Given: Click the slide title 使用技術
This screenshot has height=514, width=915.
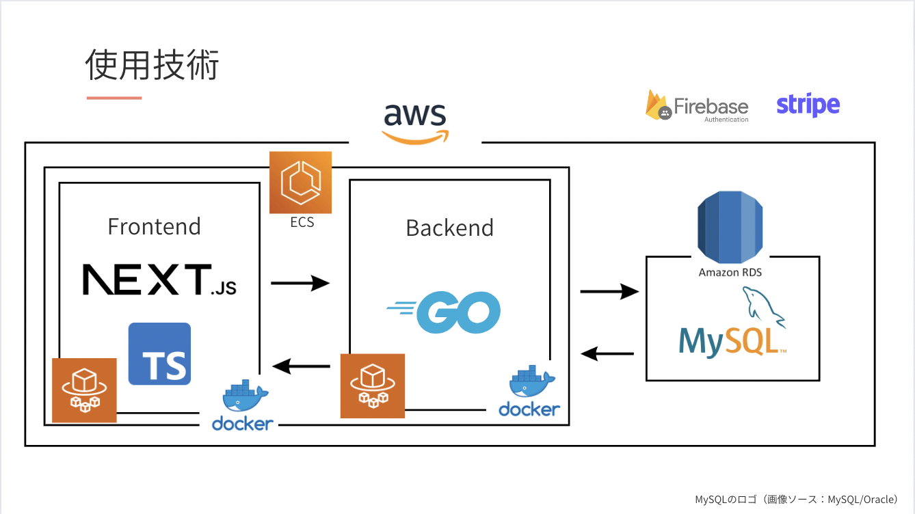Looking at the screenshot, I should coord(152,66).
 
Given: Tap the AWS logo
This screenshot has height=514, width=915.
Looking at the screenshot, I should coord(415,123).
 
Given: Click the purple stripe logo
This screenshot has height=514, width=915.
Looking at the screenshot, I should coord(808,105).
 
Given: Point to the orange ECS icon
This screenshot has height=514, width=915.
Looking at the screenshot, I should coord(300,182).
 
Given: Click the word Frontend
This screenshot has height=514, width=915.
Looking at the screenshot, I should coord(155,226).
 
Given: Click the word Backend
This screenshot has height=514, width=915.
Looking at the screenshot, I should coord(449,228).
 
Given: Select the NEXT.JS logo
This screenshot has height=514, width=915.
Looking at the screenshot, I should coord(159,280).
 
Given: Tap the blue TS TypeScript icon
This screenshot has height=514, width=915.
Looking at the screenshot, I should coord(159,353).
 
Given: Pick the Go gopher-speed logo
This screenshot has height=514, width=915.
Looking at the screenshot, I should coord(444,312).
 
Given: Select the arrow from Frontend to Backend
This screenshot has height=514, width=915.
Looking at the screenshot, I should coord(300,282).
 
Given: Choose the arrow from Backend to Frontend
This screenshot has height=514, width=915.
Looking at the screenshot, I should coord(300,366).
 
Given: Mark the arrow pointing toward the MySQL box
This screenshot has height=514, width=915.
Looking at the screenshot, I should coord(609,292).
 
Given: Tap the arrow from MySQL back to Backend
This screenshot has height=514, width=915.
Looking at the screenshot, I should coord(607,353).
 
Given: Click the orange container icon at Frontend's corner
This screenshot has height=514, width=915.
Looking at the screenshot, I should coord(84,390).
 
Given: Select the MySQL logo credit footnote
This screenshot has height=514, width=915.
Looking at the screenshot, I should coord(796,500).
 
